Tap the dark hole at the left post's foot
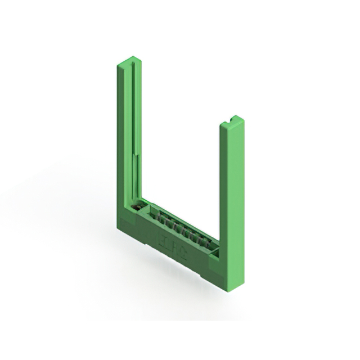[x=136, y=208]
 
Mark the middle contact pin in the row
[x=180, y=227]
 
